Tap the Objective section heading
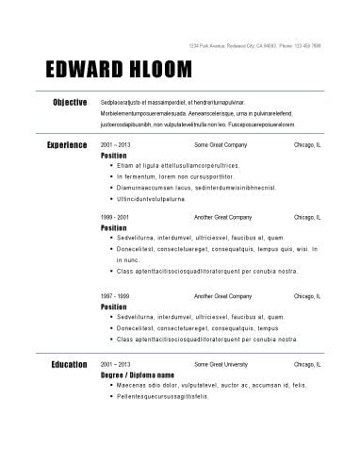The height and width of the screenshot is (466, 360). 71,102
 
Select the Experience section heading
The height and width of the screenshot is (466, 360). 67,145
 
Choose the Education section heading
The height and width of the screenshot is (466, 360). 68,363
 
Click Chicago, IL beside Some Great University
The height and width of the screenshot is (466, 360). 307,363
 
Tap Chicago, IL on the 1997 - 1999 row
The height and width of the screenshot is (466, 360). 307,295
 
